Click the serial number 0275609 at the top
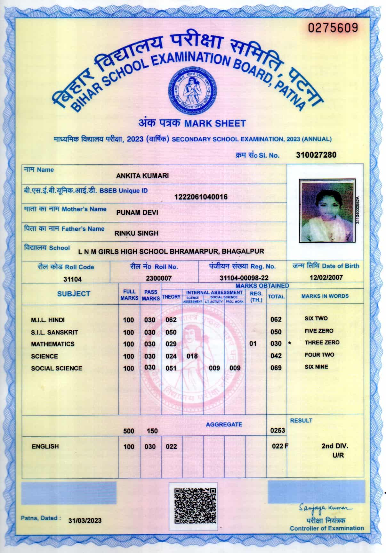point(333,28)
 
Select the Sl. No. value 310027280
point(316,155)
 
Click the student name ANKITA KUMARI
point(142,176)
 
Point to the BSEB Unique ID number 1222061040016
point(201,197)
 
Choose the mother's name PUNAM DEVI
point(137,212)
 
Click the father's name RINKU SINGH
point(136,233)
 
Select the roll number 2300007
point(159,278)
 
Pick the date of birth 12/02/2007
point(326,277)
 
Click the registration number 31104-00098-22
point(244,278)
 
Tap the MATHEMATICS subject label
point(52,344)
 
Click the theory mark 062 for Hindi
point(171,320)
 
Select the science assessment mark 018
point(192,356)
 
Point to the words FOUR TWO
point(319,355)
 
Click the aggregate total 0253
point(277,430)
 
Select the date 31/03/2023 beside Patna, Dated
point(85,521)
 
